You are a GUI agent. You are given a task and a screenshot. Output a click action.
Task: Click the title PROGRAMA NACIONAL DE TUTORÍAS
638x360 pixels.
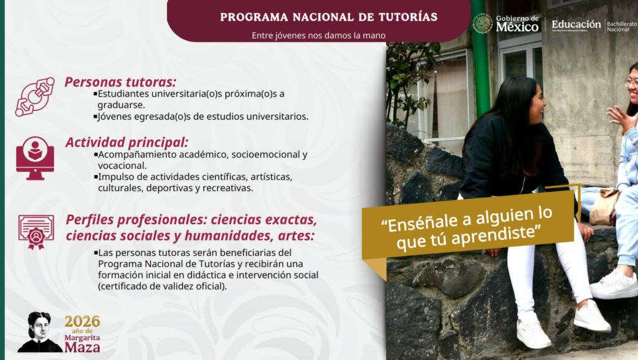pos(328,17)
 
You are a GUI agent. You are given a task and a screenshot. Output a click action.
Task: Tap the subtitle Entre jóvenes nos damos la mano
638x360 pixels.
pos(318,36)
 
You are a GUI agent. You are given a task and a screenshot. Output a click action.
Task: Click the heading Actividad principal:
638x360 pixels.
pos(126,142)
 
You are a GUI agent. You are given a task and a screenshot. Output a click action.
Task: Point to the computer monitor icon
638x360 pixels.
pos(35,158)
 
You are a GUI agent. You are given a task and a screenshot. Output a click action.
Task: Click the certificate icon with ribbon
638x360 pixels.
pos(36,232)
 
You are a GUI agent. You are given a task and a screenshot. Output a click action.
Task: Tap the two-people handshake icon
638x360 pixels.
pos(35,97)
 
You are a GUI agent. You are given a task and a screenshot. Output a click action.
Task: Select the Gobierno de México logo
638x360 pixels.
pos(506,24)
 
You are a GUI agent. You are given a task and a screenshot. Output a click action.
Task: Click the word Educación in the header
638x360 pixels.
pos(576,24)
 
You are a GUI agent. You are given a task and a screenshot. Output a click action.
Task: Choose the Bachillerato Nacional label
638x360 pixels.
pos(621,26)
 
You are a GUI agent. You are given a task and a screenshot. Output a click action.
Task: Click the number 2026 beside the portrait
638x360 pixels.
pos(82,321)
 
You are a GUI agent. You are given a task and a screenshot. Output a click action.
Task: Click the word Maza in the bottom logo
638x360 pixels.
pos(82,346)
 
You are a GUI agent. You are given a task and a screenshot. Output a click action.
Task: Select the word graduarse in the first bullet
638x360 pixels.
pos(121,105)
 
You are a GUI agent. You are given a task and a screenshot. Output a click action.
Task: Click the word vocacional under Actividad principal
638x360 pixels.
pos(122,165)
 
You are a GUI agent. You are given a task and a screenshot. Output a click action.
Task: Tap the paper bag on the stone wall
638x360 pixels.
pos(603,206)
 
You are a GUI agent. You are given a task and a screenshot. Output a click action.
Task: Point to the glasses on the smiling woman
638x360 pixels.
pos(631,82)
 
